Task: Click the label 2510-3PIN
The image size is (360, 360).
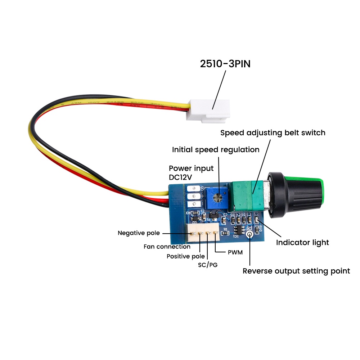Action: click(x=225, y=64)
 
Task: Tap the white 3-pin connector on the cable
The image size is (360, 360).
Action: click(x=208, y=111)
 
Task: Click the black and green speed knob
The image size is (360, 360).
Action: click(x=295, y=195)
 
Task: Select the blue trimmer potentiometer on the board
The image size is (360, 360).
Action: click(x=216, y=198)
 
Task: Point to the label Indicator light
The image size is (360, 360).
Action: click(x=302, y=243)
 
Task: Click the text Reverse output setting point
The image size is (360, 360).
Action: click(x=296, y=271)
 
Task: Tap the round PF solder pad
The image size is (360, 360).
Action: click(x=249, y=234)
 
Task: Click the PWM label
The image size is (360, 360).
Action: click(x=235, y=252)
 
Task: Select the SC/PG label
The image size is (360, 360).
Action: click(x=208, y=265)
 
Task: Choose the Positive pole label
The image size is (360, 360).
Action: click(x=185, y=256)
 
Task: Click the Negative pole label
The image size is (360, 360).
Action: click(x=139, y=233)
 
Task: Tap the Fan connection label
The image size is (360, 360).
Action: click(x=167, y=247)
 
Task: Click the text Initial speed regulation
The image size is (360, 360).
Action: click(x=216, y=150)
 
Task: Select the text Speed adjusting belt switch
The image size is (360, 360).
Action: click(x=273, y=133)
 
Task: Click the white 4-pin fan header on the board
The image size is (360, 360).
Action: click(x=203, y=232)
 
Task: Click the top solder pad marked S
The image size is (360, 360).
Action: click(x=194, y=189)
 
